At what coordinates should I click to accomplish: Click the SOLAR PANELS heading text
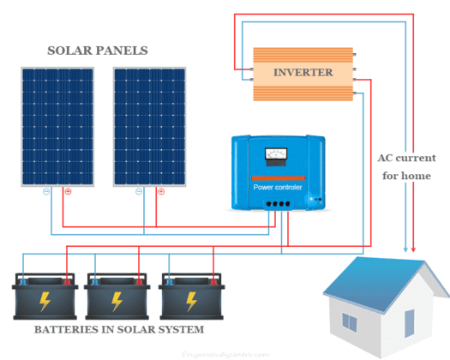[98, 51]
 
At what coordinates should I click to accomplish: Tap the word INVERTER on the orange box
[303, 73]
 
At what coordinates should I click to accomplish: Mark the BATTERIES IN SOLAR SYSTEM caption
[119, 330]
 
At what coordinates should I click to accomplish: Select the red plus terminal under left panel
[67, 192]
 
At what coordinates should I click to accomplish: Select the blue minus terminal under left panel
[48, 192]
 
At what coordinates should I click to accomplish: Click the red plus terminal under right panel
[158, 192]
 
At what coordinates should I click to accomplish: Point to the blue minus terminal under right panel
[139, 192]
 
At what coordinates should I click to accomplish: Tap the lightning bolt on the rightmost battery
[190, 302]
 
